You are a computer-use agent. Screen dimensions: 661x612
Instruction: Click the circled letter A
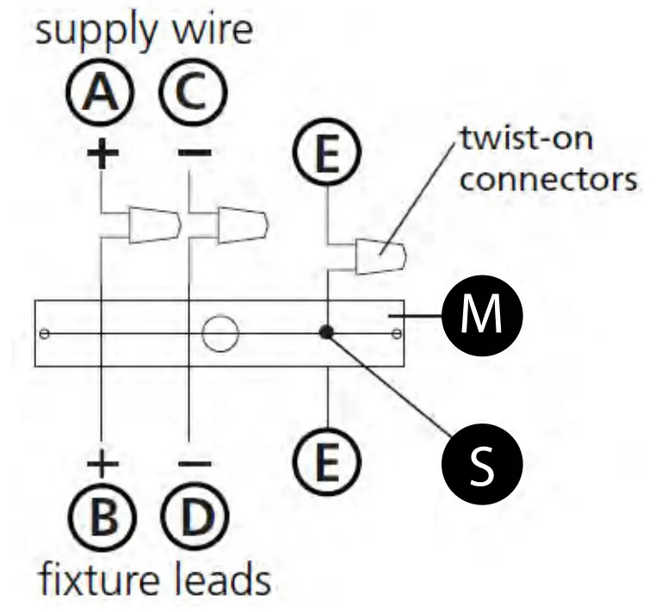[100, 92]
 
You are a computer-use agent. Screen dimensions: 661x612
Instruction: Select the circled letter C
[194, 92]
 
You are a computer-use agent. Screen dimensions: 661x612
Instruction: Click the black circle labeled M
[482, 316]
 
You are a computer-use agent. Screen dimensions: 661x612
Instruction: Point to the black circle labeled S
[482, 463]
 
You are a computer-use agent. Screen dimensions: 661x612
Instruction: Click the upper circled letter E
[328, 151]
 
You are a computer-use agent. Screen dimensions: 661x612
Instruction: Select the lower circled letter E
[328, 461]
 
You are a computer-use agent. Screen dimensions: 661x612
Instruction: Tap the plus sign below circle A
[102, 152]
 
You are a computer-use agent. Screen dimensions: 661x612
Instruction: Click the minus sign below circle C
[195, 152]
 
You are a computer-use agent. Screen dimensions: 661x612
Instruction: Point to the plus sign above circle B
[102, 464]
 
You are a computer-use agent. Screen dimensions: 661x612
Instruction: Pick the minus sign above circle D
[195, 464]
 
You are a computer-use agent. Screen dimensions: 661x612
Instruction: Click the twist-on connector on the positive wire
[155, 225]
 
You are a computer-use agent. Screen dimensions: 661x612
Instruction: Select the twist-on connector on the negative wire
[243, 225]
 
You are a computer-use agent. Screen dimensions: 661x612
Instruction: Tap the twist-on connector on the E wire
[381, 257]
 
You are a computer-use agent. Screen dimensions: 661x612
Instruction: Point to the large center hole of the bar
[220, 333]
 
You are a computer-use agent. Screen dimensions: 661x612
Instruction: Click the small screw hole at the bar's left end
[44, 334]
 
